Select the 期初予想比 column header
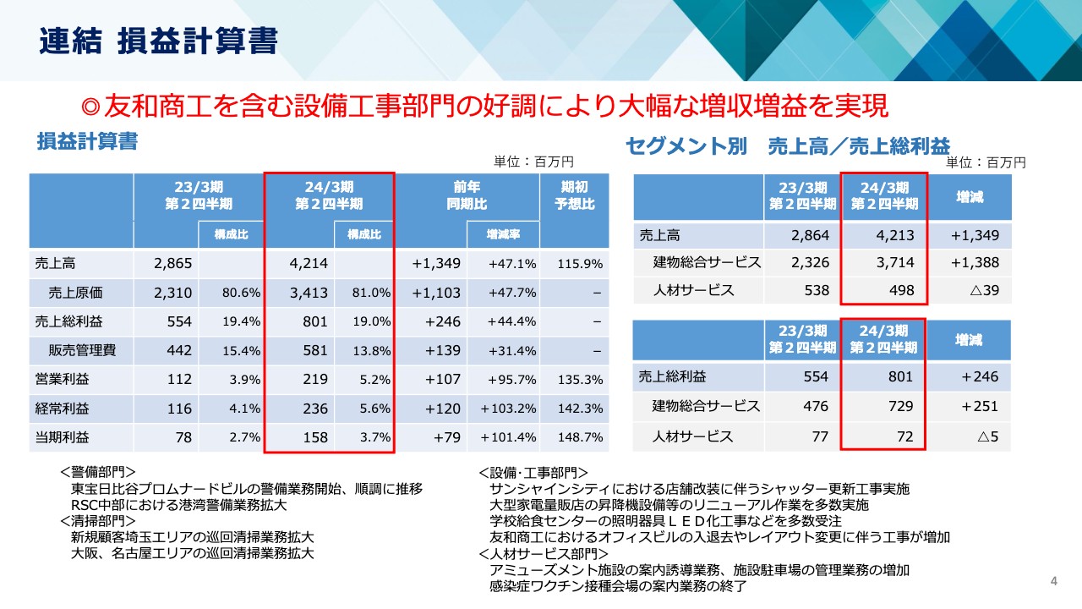(x=574, y=195)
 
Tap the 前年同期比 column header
(x=467, y=195)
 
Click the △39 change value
(x=981, y=290)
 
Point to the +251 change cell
(x=980, y=406)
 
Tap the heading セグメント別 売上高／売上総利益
(x=787, y=145)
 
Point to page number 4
(x=1053, y=580)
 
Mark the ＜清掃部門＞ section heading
(x=98, y=521)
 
